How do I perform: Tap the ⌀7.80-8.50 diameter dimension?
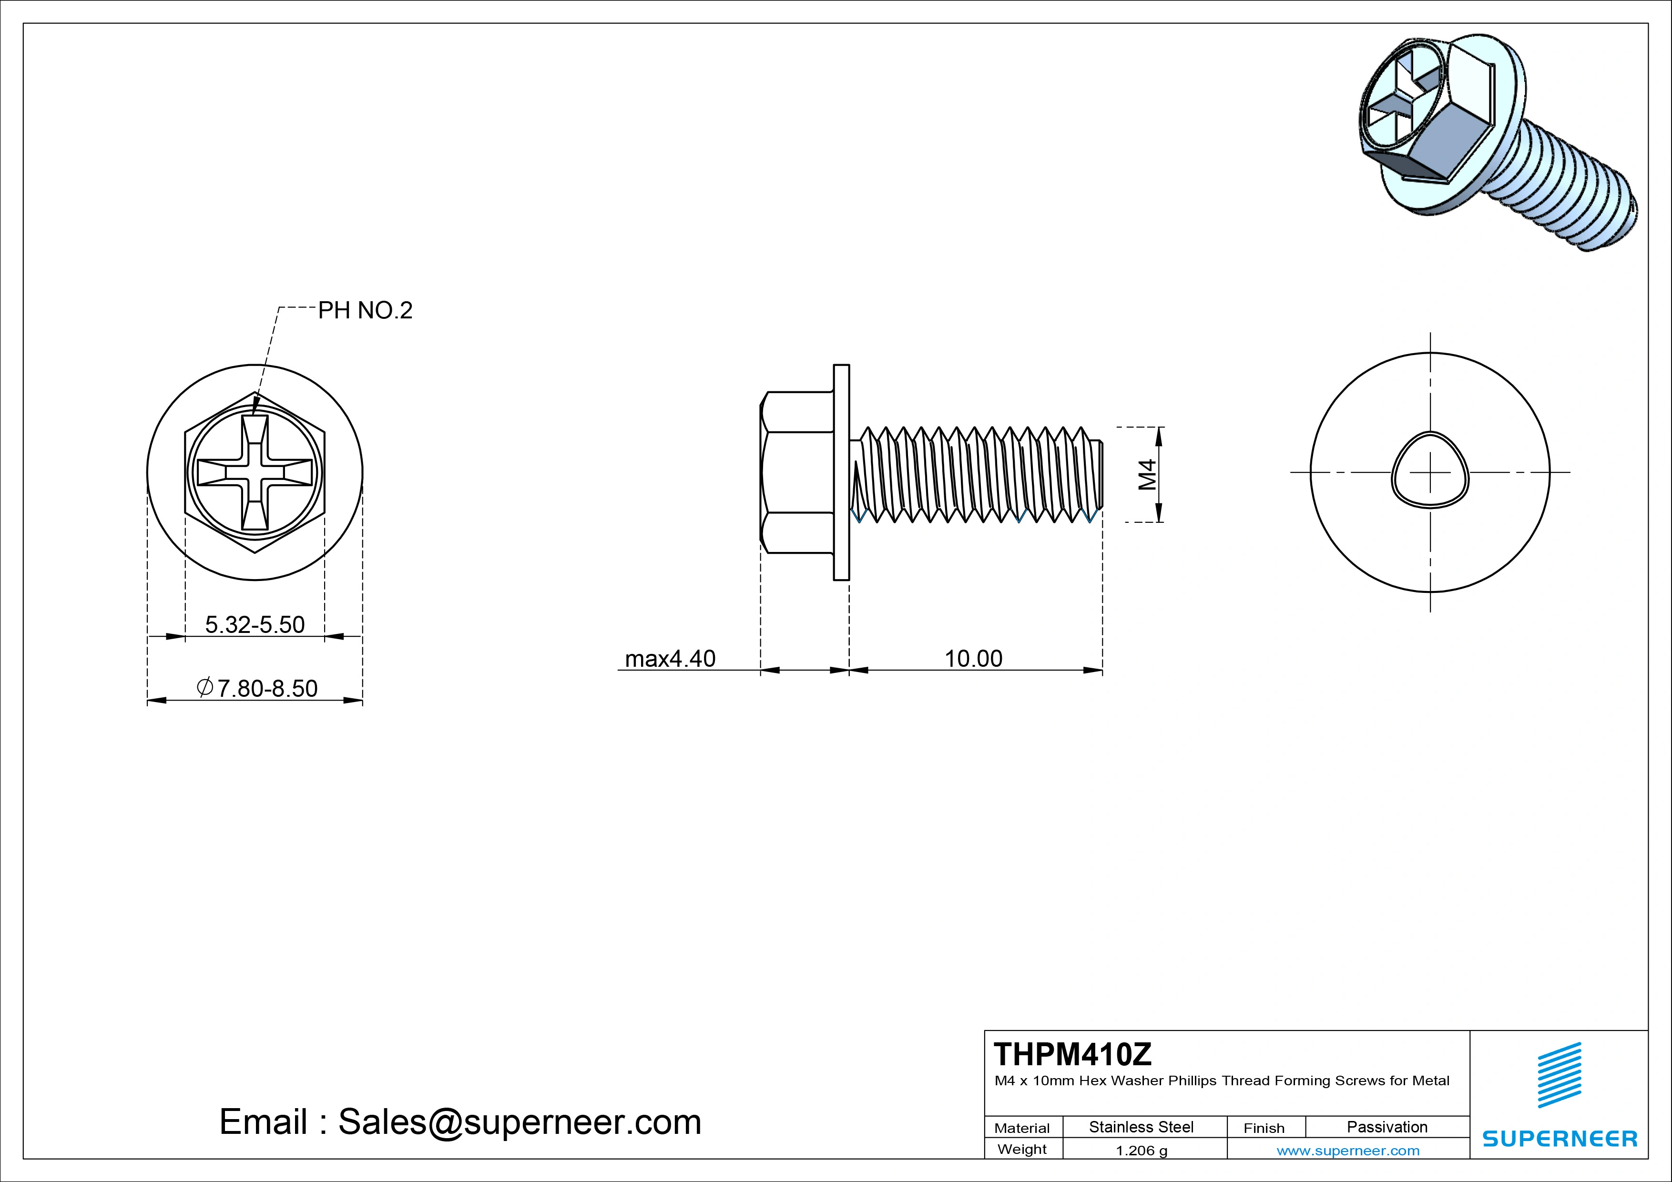[x=257, y=688]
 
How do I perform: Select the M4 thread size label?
[x=1148, y=474]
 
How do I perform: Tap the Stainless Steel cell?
[x=1141, y=1127]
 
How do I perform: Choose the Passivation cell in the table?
[x=1387, y=1127]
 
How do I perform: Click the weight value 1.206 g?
[x=1141, y=1151]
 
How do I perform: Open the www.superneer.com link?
[x=1348, y=1151]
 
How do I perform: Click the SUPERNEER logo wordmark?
[x=1559, y=1138]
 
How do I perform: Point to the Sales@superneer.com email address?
[x=519, y=1122]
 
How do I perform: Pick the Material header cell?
[x=1022, y=1128]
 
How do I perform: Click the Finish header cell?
[x=1264, y=1128]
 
